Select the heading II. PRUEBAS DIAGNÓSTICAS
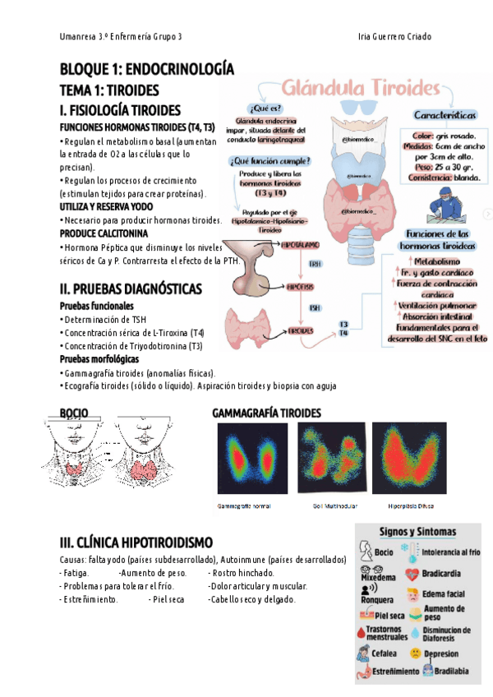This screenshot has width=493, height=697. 131,289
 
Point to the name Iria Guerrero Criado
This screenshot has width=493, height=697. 395,38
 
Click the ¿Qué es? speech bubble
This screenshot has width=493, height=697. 265,108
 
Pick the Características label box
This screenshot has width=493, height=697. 445,116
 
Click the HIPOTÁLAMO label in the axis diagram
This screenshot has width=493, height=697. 299,245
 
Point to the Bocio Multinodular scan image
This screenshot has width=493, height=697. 328,457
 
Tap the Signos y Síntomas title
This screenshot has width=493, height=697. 417,533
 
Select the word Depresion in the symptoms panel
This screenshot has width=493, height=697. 440,653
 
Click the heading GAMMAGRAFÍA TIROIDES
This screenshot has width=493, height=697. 266,413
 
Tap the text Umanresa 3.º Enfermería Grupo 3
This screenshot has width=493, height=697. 122,38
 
